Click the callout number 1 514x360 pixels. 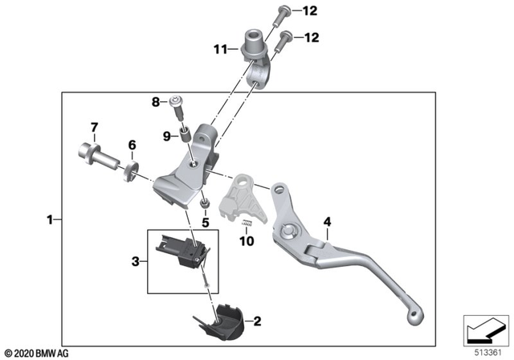click(x=50, y=219)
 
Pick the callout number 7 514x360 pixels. click(x=94, y=128)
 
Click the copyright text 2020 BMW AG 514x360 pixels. click(x=36, y=353)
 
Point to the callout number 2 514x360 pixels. click(x=257, y=322)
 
